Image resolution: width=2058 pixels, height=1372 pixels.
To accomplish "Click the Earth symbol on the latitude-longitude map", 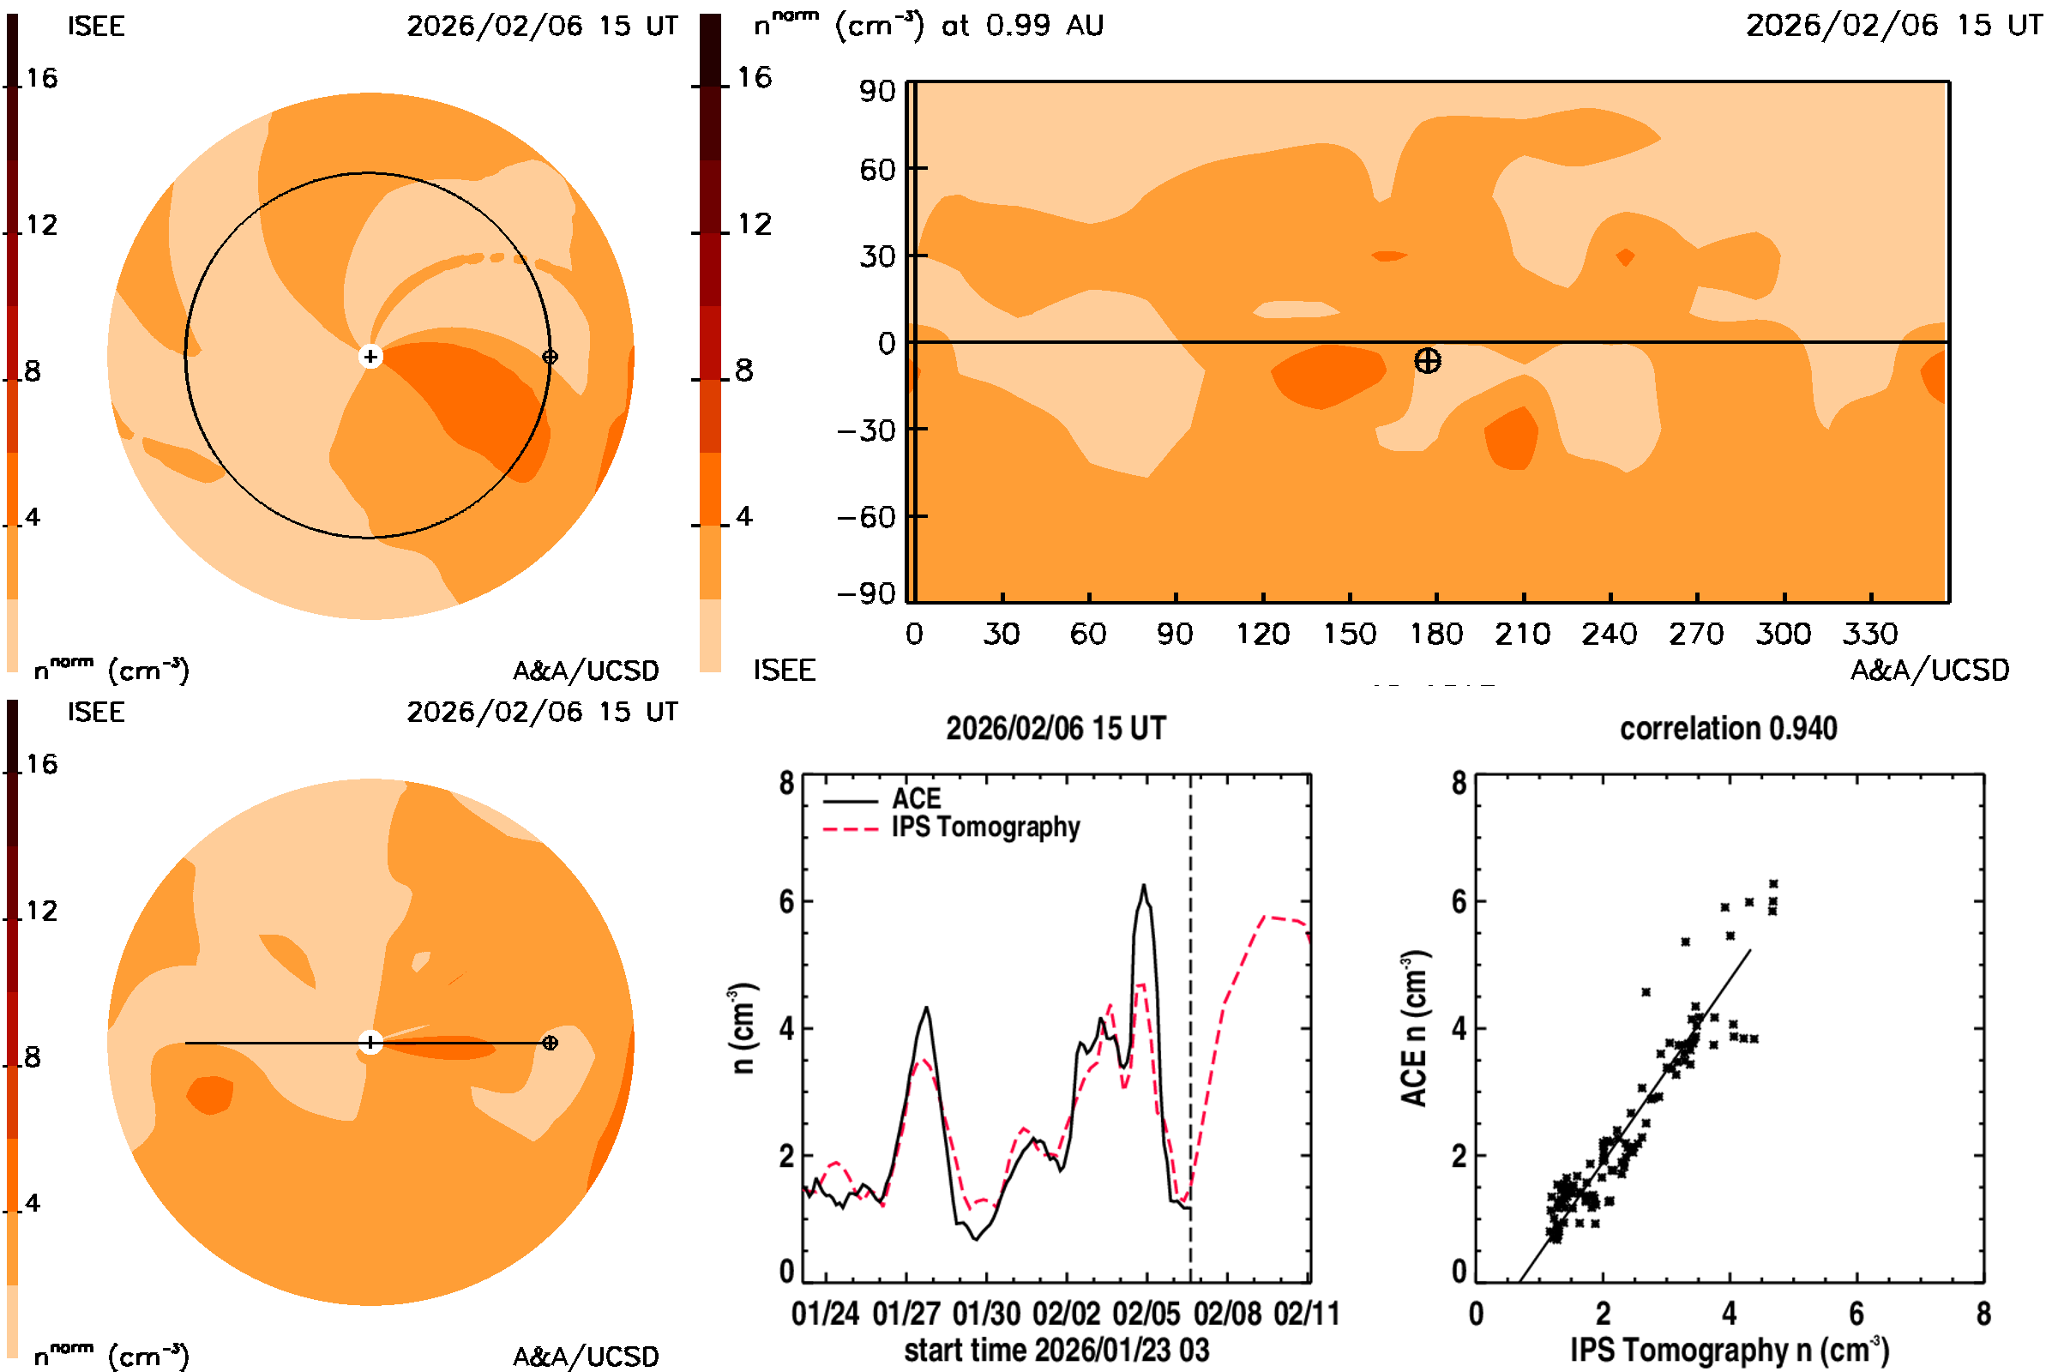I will click(1427, 360).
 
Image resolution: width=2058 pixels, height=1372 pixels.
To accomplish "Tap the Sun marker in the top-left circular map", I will click(370, 356).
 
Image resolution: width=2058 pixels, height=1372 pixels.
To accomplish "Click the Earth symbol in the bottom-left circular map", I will click(550, 1042).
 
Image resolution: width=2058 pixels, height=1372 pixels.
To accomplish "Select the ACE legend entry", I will click(915, 799).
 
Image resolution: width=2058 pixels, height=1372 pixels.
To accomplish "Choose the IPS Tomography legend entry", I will click(984, 827).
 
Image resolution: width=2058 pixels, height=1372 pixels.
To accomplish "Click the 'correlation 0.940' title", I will click(1728, 728).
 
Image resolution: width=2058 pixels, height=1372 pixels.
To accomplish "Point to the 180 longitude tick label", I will click(1435, 634).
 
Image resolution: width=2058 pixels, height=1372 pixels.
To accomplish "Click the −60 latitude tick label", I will click(866, 517).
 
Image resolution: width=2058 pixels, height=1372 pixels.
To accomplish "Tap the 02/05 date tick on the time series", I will click(1146, 1314).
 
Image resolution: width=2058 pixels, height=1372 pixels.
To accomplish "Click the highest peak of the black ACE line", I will click(1143, 887).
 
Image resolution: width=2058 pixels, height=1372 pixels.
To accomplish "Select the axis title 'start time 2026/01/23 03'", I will click(1056, 1350).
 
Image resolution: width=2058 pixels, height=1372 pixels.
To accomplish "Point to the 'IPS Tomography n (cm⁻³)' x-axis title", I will click(1729, 1350).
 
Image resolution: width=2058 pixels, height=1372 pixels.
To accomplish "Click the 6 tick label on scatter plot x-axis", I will click(1856, 1314).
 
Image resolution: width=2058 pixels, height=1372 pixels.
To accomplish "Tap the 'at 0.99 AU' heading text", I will click(1022, 26).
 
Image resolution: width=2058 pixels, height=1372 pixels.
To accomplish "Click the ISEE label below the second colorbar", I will click(784, 671).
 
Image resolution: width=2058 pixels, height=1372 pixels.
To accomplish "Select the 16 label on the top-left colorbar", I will click(41, 79).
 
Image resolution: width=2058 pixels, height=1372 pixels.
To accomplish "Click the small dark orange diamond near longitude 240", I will click(1625, 257).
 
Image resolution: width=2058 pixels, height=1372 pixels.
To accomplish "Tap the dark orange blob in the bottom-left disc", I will click(210, 1095).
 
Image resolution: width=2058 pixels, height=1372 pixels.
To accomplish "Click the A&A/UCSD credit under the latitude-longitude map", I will click(1929, 671).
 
